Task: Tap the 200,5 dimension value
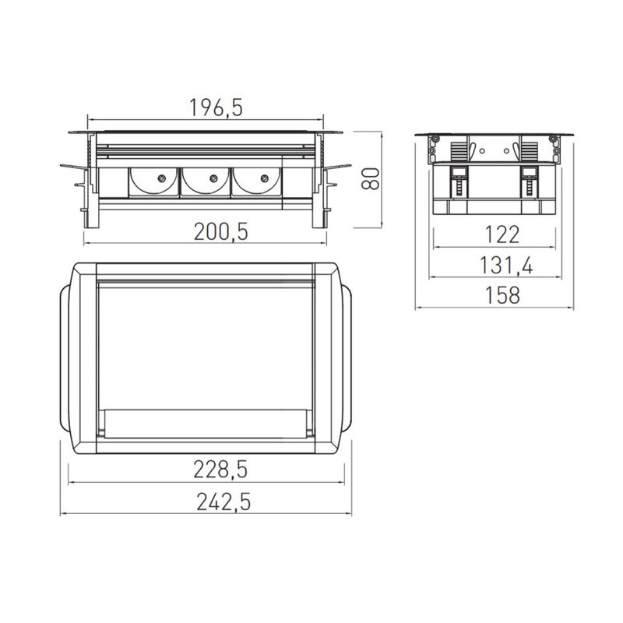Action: click(x=206, y=231)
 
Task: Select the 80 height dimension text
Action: click(x=372, y=179)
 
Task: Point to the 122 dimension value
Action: click(x=495, y=234)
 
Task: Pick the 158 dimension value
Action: click(x=495, y=296)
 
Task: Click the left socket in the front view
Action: click(x=155, y=183)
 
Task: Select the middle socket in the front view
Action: click(x=206, y=183)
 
